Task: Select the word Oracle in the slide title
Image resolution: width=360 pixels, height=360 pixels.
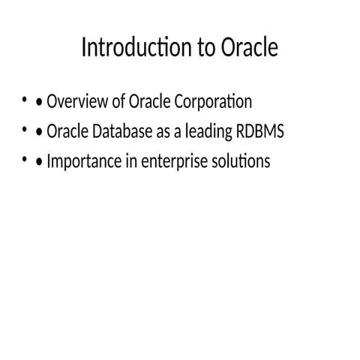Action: pyautogui.click(x=250, y=48)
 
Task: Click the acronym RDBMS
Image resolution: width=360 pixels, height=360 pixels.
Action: pyautogui.click(x=259, y=131)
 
